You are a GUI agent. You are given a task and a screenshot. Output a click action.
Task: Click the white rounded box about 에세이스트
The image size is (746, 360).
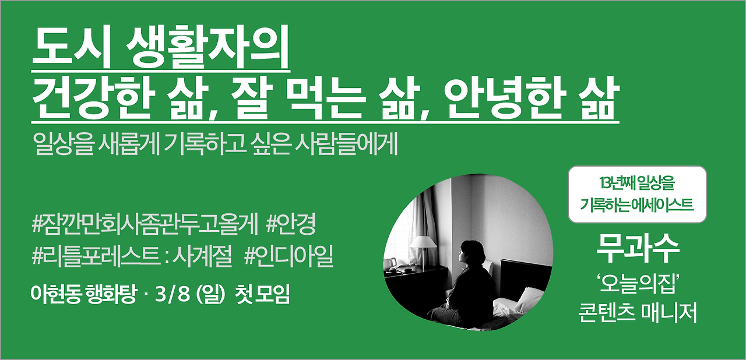(636, 195)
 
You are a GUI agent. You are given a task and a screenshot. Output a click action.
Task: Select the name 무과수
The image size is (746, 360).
(637, 248)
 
